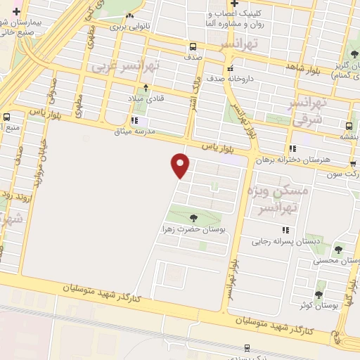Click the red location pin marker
coord(181,166)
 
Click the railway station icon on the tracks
coord(247,347)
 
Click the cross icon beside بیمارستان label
coord(16,12)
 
